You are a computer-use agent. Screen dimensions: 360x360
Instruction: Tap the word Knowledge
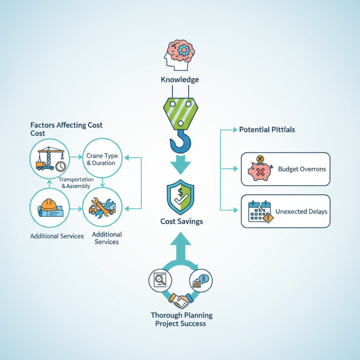pyautogui.click(x=180, y=80)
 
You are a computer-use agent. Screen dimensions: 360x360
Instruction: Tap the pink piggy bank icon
pyautogui.click(x=260, y=170)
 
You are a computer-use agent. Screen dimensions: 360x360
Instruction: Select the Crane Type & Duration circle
pyautogui.click(x=102, y=159)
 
